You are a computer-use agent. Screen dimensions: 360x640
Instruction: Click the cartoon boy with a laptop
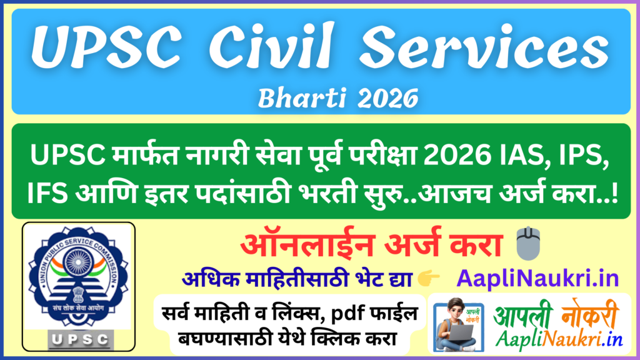[x=458, y=326]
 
